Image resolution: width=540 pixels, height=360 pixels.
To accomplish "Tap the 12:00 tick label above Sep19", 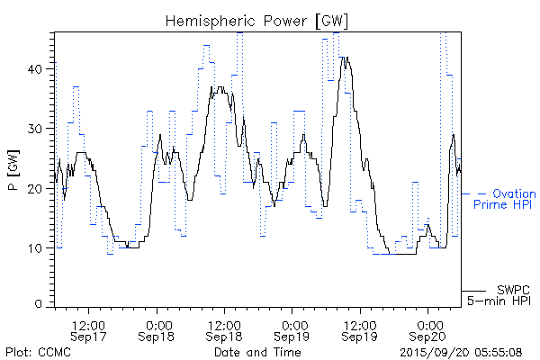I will pos(359,323).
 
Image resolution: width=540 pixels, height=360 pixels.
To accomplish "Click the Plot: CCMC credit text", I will pos(36,351).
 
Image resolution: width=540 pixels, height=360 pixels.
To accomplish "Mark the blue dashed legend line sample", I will pos(474,193).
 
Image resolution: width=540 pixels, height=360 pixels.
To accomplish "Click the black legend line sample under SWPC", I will pos(474,291).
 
